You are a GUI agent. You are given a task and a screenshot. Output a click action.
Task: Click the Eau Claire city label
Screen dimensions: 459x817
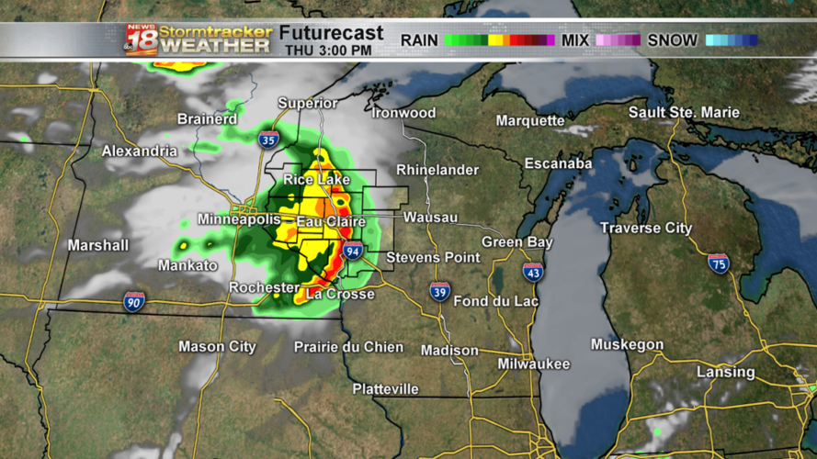click(x=331, y=221)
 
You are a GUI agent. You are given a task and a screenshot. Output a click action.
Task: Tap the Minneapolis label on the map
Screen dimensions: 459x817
click(x=239, y=220)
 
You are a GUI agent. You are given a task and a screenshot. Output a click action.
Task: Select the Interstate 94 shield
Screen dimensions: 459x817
click(x=353, y=252)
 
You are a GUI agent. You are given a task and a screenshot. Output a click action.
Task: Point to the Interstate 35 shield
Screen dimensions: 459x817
click(x=269, y=140)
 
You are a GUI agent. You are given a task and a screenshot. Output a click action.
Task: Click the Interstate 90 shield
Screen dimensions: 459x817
click(x=134, y=301)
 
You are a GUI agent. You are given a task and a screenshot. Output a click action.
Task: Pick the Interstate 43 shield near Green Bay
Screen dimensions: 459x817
click(x=533, y=271)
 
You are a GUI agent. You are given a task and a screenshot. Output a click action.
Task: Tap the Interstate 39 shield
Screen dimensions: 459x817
click(x=440, y=292)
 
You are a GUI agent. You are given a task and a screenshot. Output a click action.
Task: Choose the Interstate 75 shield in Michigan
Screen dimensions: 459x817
click(x=719, y=263)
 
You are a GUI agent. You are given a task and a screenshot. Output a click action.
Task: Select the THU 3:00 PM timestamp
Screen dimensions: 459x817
click(x=329, y=50)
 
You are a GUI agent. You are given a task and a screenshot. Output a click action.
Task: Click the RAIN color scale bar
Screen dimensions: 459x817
click(x=500, y=40)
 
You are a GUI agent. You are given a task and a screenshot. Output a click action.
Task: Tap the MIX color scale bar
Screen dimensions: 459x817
click(x=618, y=40)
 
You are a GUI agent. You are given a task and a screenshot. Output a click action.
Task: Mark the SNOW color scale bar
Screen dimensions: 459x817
click(x=732, y=40)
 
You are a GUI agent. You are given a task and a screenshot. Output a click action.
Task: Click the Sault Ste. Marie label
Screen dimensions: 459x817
click(x=684, y=112)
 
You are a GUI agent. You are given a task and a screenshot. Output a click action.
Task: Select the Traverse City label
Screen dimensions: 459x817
click(x=646, y=228)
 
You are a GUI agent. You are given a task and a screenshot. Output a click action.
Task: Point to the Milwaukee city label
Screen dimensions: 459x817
click(x=533, y=364)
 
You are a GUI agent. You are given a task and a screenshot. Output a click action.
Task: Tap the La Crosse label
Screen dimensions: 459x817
click(x=340, y=294)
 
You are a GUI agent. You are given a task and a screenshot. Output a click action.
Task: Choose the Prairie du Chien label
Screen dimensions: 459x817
click(x=348, y=346)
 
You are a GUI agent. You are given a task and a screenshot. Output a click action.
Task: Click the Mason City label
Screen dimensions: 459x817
click(x=217, y=347)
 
